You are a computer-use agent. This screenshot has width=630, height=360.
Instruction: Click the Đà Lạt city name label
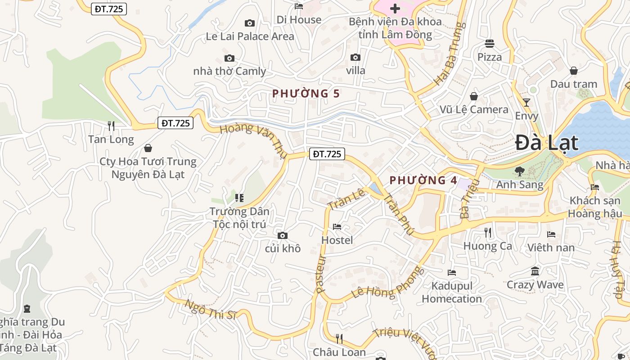point(546,143)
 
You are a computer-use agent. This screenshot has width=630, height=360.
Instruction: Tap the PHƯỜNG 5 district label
point(306,94)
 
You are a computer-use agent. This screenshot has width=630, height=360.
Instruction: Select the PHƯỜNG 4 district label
point(423,180)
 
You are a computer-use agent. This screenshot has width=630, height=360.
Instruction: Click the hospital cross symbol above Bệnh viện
point(395,8)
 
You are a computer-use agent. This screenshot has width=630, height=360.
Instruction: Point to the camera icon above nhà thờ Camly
point(229,58)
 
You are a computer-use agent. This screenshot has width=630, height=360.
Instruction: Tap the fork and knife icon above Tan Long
point(111,126)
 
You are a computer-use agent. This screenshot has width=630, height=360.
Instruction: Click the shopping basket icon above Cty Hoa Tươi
point(148,148)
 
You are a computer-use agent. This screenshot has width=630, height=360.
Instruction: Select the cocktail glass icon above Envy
point(526,102)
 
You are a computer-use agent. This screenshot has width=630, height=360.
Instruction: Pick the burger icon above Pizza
point(490,44)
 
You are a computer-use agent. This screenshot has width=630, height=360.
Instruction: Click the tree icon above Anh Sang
point(519,171)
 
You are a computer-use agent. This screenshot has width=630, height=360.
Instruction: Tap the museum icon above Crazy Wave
point(535,271)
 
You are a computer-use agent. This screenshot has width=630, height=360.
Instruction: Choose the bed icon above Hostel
point(337,227)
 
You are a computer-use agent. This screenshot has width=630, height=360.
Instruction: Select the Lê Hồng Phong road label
point(388,283)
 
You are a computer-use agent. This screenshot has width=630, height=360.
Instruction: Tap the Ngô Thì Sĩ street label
point(211,309)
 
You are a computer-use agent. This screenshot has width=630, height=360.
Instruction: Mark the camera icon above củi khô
point(283,235)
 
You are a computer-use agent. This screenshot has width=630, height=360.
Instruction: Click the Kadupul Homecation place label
point(452,292)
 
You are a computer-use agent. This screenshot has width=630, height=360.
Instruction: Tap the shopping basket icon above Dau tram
point(573,71)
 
